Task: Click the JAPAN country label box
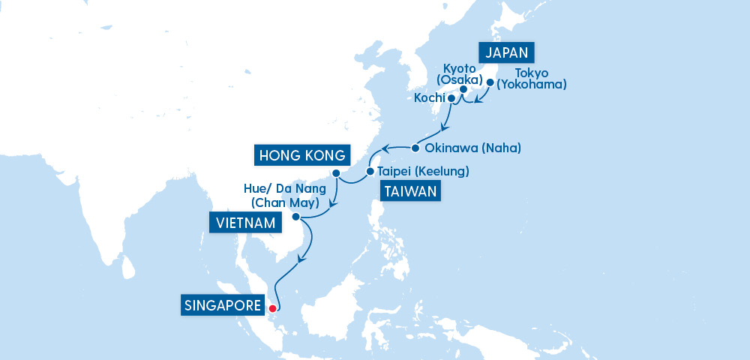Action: click(x=508, y=52)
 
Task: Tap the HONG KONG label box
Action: click(x=301, y=155)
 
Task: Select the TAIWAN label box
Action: click(x=409, y=192)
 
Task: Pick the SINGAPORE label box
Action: click(x=223, y=306)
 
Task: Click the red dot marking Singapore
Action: click(x=272, y=307)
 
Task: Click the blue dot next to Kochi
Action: click(x=451, y=97)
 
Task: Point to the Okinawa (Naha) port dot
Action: click(x=415, y=147)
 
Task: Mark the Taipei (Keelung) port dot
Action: click(x=370, y=172)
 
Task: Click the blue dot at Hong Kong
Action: click(x=336, y=173)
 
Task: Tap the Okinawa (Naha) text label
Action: click(x=472, y=148)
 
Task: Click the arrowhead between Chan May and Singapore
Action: click(x=301, y=259)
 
